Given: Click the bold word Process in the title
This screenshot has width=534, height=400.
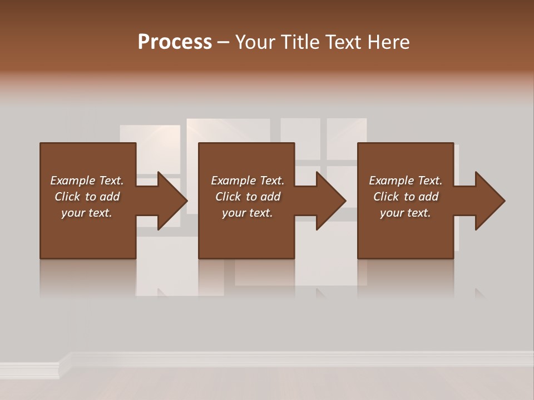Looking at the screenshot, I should coord(175,42).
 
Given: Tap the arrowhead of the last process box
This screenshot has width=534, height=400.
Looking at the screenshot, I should coord(490,201).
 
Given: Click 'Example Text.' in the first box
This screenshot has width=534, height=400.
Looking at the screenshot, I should coord(87,181).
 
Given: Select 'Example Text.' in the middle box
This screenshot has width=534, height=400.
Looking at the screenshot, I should coord(248,181).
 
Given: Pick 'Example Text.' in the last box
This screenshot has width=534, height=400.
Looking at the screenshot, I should coord(406,181).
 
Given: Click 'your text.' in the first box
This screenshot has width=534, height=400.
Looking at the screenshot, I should coord(87,213).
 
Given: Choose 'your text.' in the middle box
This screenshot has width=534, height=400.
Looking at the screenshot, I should coord(248,213).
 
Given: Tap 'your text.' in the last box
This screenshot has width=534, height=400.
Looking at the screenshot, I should coord(406,213).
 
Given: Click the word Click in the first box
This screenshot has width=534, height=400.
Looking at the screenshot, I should coord(67,197).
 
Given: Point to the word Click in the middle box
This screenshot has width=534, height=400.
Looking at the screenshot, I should coord(228,197).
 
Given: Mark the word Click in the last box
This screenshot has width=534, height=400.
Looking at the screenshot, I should coord(386,197).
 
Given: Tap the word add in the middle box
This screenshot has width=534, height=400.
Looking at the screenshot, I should coord(270,197).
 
